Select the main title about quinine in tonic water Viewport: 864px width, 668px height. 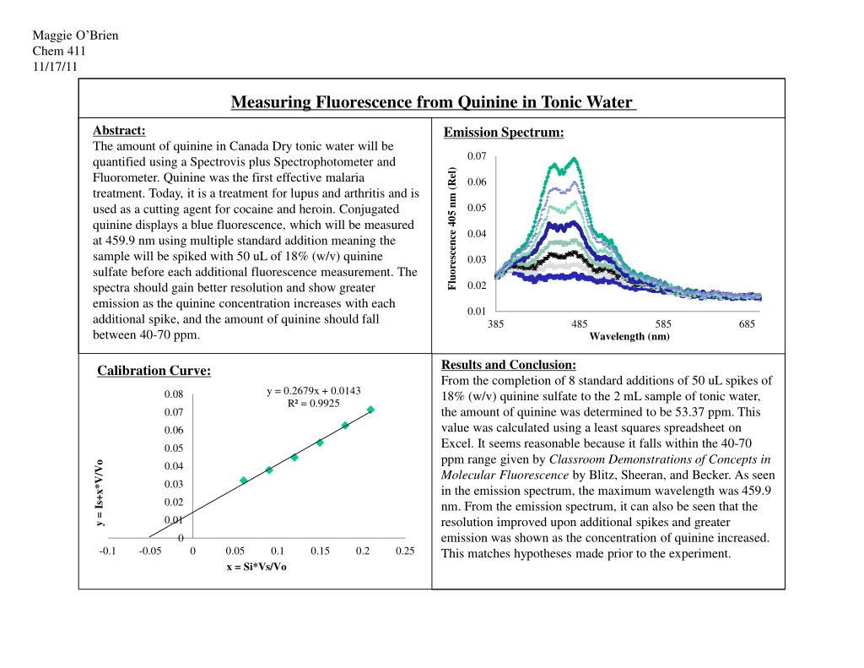pyautogui.click(x=432, y=103)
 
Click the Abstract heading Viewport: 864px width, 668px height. pyautogui.click(x=118, y=130)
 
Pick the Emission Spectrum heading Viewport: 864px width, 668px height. pyautogui.click(x=503, y=133)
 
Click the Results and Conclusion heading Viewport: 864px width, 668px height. pyautogui.click(x=508, y=365)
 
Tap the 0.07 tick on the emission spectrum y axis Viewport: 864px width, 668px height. pyautogui.click(x=476, y=157)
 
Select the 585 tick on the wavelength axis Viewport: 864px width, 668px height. pyautogui.click(x=663, y=324)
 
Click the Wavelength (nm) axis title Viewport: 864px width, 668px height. pyautogui.click(x=629, y=336)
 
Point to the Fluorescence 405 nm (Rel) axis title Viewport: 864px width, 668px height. pyautogui.click(x=452, y=229)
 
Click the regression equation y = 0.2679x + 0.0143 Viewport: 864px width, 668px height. pyautogui.click(x=313, y=390)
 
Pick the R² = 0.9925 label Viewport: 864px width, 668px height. pyautogui.click(x=313, y=403)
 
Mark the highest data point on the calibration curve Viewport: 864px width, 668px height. pyautogui.click(x=370, y=410)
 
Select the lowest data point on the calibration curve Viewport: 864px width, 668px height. pyautogui.click(x=244, y=480)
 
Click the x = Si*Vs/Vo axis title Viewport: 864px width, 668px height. pyautogui.click(x=256, y=567)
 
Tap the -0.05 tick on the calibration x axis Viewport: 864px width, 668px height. pyautogui.click(x=150, y=551)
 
